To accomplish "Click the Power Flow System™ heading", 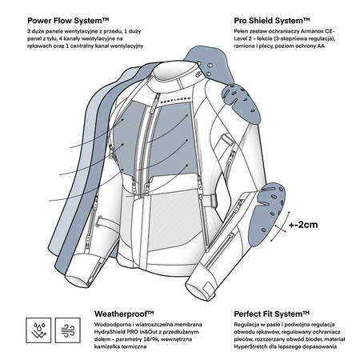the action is (x=68, y=21).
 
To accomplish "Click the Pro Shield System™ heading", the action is (x=272, y=21).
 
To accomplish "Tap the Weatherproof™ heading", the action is (x=124, y=314).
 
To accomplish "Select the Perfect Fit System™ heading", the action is (x=272, y=314).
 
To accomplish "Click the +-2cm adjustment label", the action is (x=303, y=225).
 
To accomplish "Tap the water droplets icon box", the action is (x=38, y=330).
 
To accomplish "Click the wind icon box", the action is (x=68, y=330).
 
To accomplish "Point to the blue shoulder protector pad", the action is (x=241, y=102).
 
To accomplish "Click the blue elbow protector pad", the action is (x=266, y=214).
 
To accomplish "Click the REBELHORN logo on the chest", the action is (x=175, y=99).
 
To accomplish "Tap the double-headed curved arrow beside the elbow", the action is (x=281, y=226).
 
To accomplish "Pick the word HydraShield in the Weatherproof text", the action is (x=109, y=332).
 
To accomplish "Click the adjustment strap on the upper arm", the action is (x=226, y=139).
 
